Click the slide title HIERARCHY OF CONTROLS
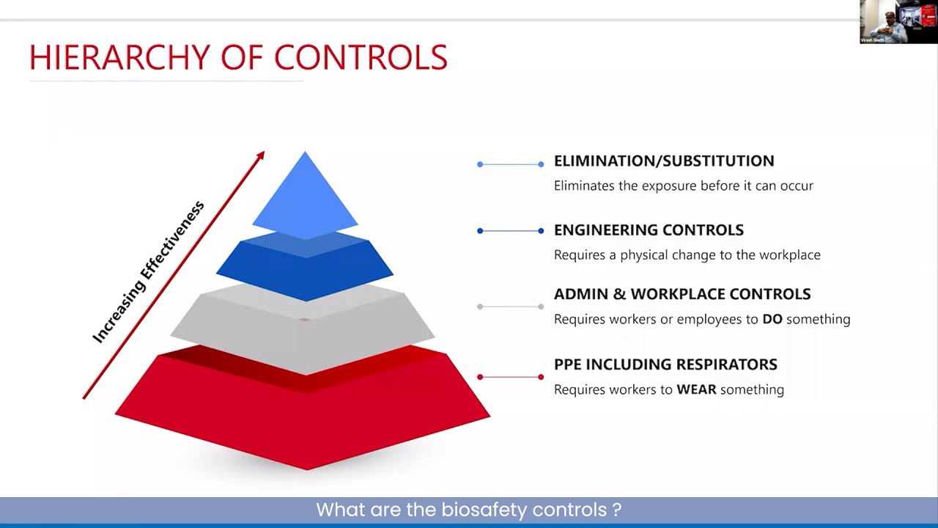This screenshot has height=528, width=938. [238, 58]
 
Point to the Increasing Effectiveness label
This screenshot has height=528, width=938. [149, 272]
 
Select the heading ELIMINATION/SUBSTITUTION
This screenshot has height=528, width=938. [663, 161]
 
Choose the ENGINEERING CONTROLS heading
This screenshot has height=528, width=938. [649, 230]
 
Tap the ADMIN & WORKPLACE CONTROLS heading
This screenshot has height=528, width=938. [682, 294]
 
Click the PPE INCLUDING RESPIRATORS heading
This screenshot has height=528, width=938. [665, 364]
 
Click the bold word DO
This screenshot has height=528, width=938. [772, 319]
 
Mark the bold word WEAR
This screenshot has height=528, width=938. [696, 389]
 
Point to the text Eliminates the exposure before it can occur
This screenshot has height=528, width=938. [683, 186]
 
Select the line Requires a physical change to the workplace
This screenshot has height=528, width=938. [687, 255]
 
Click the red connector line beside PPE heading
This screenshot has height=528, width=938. [510, 377]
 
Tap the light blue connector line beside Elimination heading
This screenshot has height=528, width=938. [510, 164]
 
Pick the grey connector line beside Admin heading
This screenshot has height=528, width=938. [510, 307]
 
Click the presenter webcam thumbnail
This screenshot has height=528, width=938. [898, 22]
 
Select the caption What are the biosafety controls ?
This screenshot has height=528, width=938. [469, 510]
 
